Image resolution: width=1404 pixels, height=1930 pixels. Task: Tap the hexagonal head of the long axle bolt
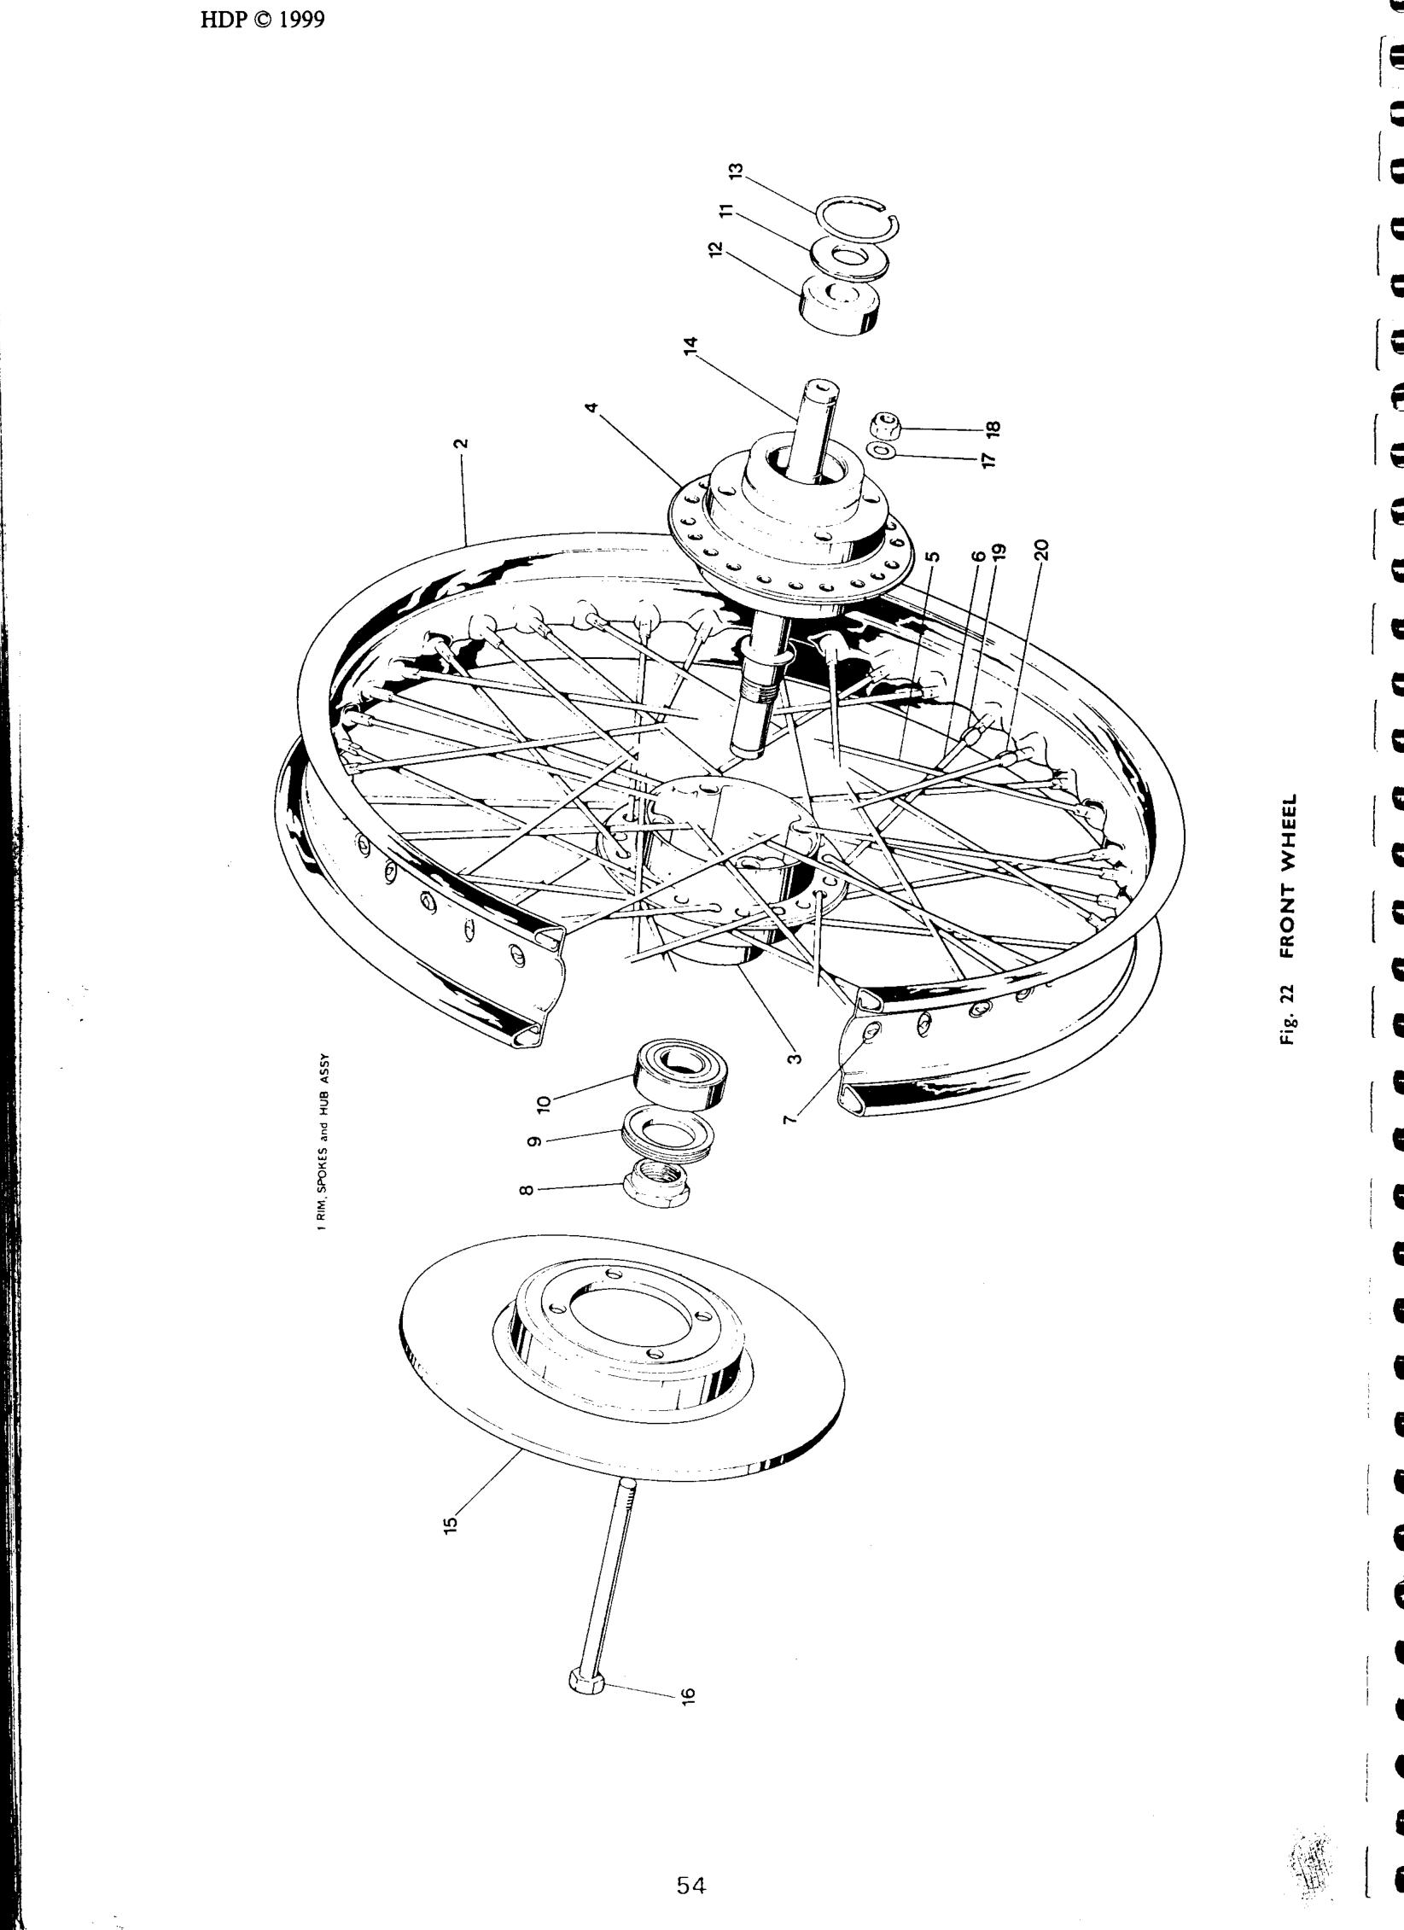click(586, 1607)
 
